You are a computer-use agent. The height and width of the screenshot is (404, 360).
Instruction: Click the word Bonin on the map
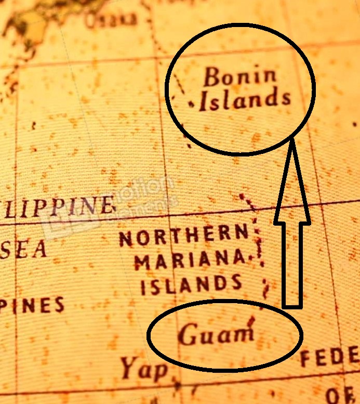click(240, 77)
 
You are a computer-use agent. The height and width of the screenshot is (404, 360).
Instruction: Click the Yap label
click(145, 369)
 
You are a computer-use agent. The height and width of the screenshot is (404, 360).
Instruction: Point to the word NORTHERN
click(184, 237)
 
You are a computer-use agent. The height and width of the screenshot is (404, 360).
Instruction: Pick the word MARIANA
click(190, 259)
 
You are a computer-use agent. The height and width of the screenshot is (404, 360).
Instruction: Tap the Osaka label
click(111, 20)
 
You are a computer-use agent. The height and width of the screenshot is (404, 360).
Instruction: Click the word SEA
click(23, 250)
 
